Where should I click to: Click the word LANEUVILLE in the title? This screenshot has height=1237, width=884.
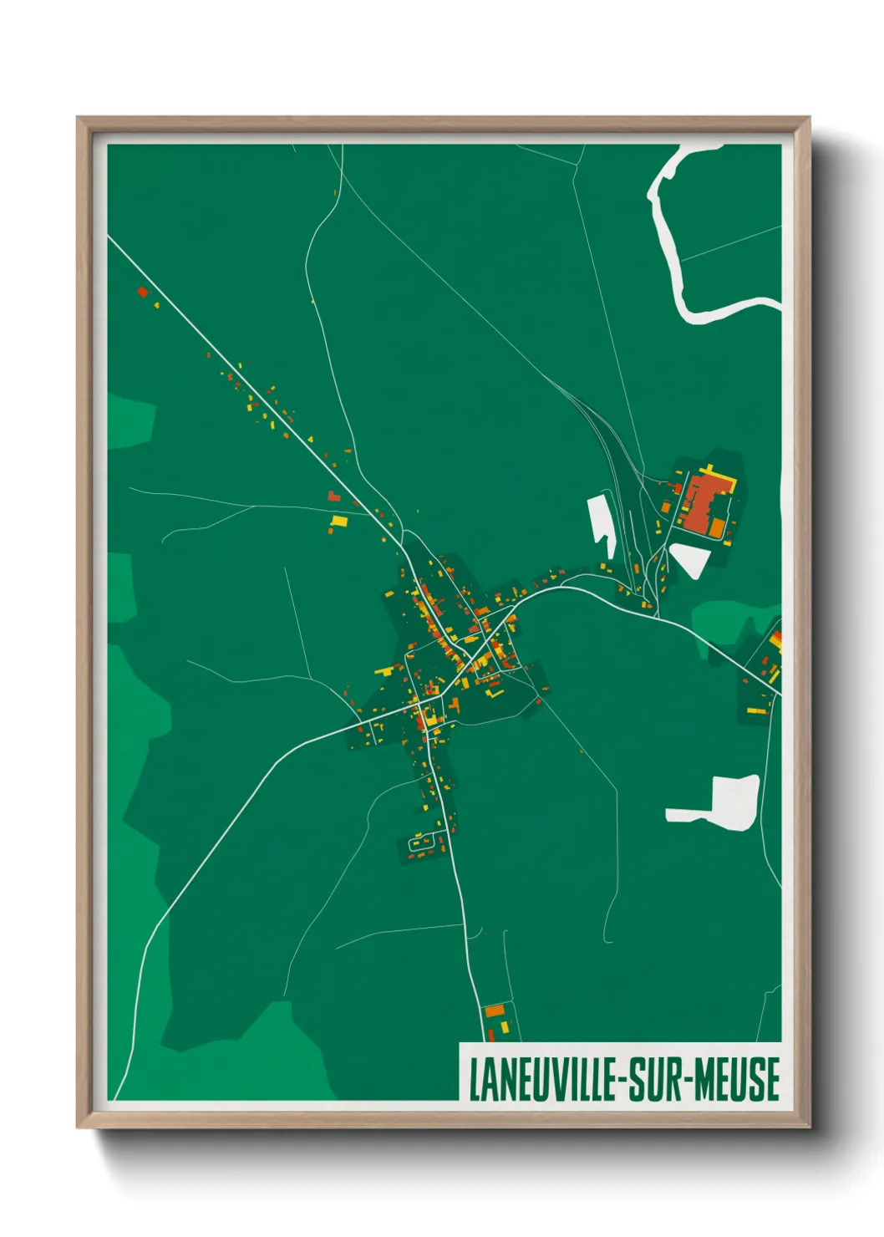pyautogui.click(x=543, y=1079)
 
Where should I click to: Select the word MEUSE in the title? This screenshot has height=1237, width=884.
pyautogui.click(x=739, y=1079)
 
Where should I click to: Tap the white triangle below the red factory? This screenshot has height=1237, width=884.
pyautogui.click(x=689, y=558)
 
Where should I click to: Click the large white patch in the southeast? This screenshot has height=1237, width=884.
pyautogui.click(x=723, y=803)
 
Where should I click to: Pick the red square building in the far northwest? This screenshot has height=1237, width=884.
pyautogui.click(x=142, y=292)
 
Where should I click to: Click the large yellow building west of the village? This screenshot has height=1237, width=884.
pyautogui.click(x=338, y=521)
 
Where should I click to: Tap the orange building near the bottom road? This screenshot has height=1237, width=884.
pyautogui.click(x=495, y=1010)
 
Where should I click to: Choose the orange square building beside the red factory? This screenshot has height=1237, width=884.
pyautogui.click(x=716, y=527)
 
